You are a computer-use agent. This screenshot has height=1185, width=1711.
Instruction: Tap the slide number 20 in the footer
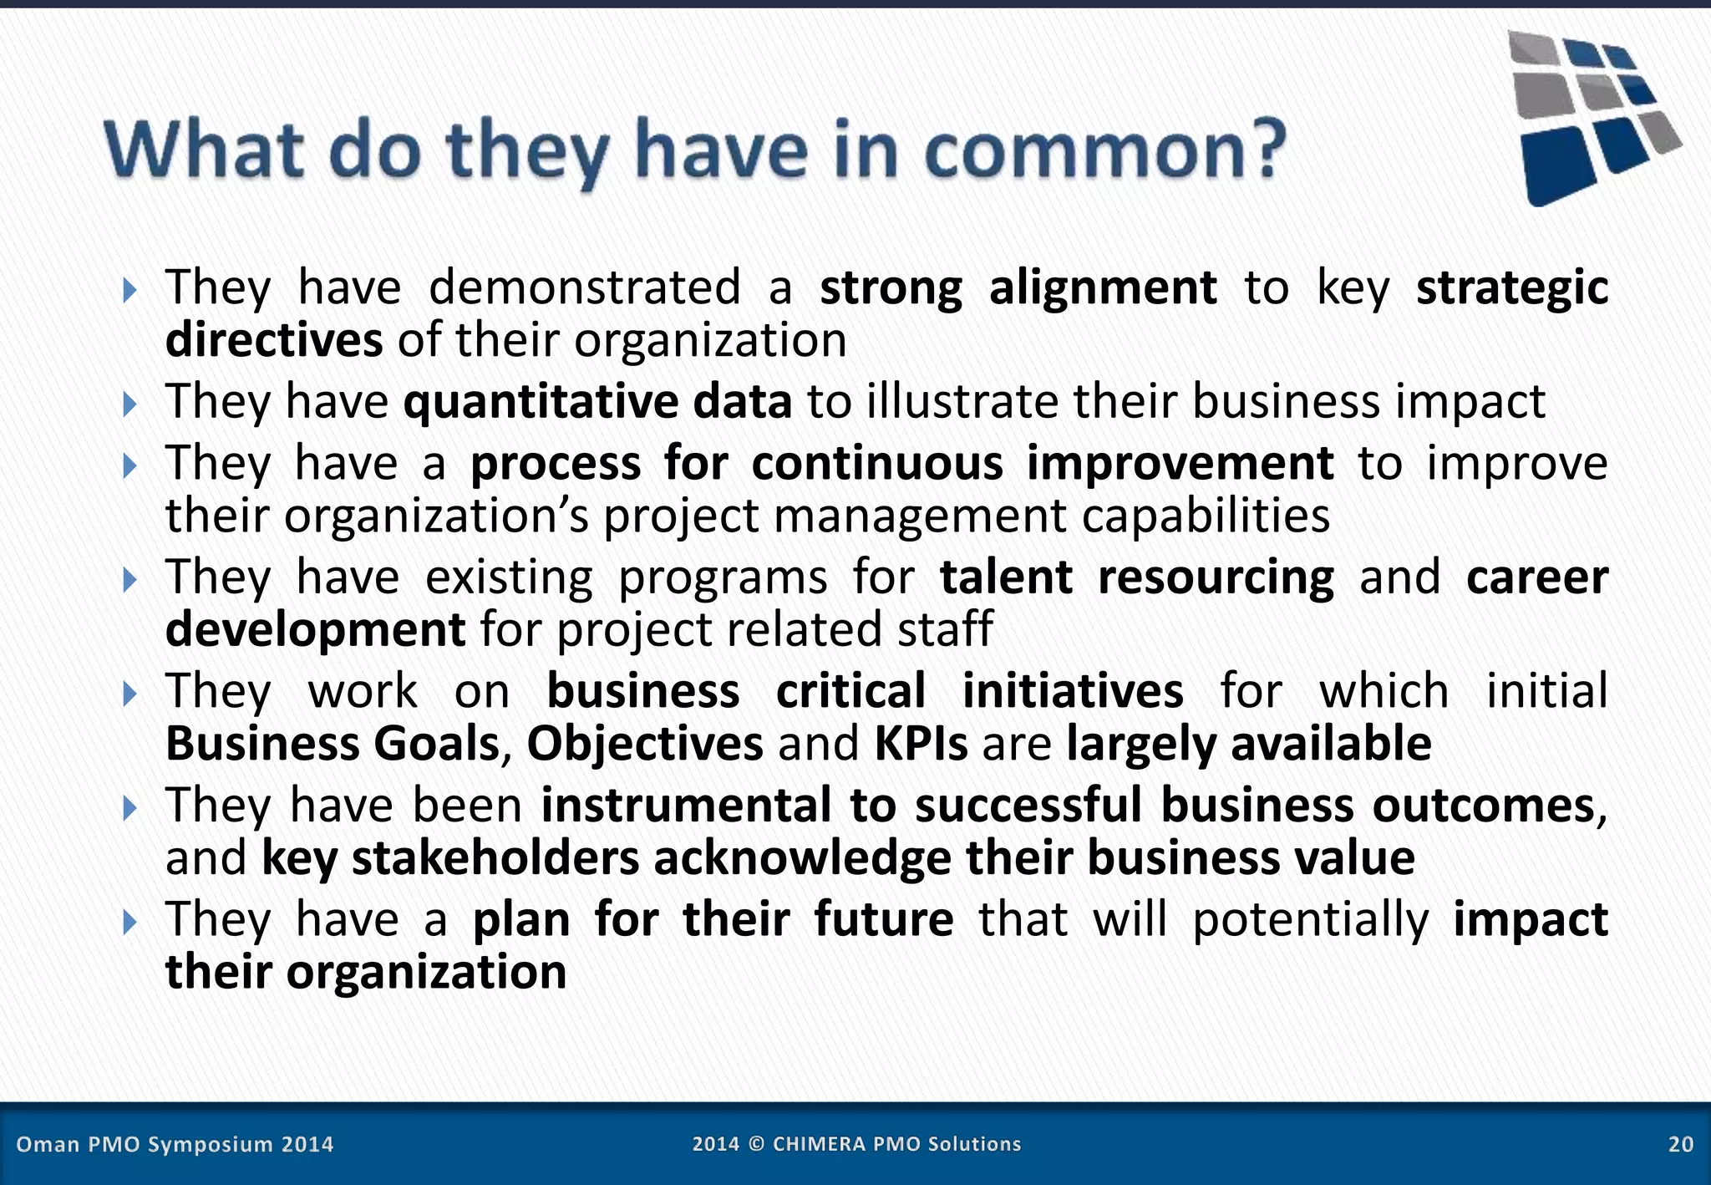coord(1680,1144)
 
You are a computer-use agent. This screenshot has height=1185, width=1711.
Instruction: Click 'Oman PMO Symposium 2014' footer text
coord(175,1144)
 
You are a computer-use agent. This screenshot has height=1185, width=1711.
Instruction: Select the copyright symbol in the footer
coord(756,1144)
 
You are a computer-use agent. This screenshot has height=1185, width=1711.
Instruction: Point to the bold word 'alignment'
coord(1102,288)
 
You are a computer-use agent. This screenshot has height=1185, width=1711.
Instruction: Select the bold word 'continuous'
coord(876,464)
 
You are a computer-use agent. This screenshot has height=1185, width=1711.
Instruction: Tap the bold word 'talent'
coord(1006,577)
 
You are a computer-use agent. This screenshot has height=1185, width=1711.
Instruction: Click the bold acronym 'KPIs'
coord(921,743)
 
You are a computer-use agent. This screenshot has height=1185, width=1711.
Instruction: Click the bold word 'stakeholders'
coord(495,858)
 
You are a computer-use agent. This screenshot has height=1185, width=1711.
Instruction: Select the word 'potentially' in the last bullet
coord(1310,920)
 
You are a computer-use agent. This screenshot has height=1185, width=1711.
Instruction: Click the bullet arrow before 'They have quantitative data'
coord(129,404)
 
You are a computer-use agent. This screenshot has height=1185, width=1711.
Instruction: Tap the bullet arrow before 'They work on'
coord(129,694)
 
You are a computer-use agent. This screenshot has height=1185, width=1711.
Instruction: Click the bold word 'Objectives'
coord(644,743)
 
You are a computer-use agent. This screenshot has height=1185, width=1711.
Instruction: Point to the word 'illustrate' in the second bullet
coord(962,402)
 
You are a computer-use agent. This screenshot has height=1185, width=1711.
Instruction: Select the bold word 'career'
coord(1536,577)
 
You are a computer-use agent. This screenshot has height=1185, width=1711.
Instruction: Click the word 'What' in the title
coord(205,150)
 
